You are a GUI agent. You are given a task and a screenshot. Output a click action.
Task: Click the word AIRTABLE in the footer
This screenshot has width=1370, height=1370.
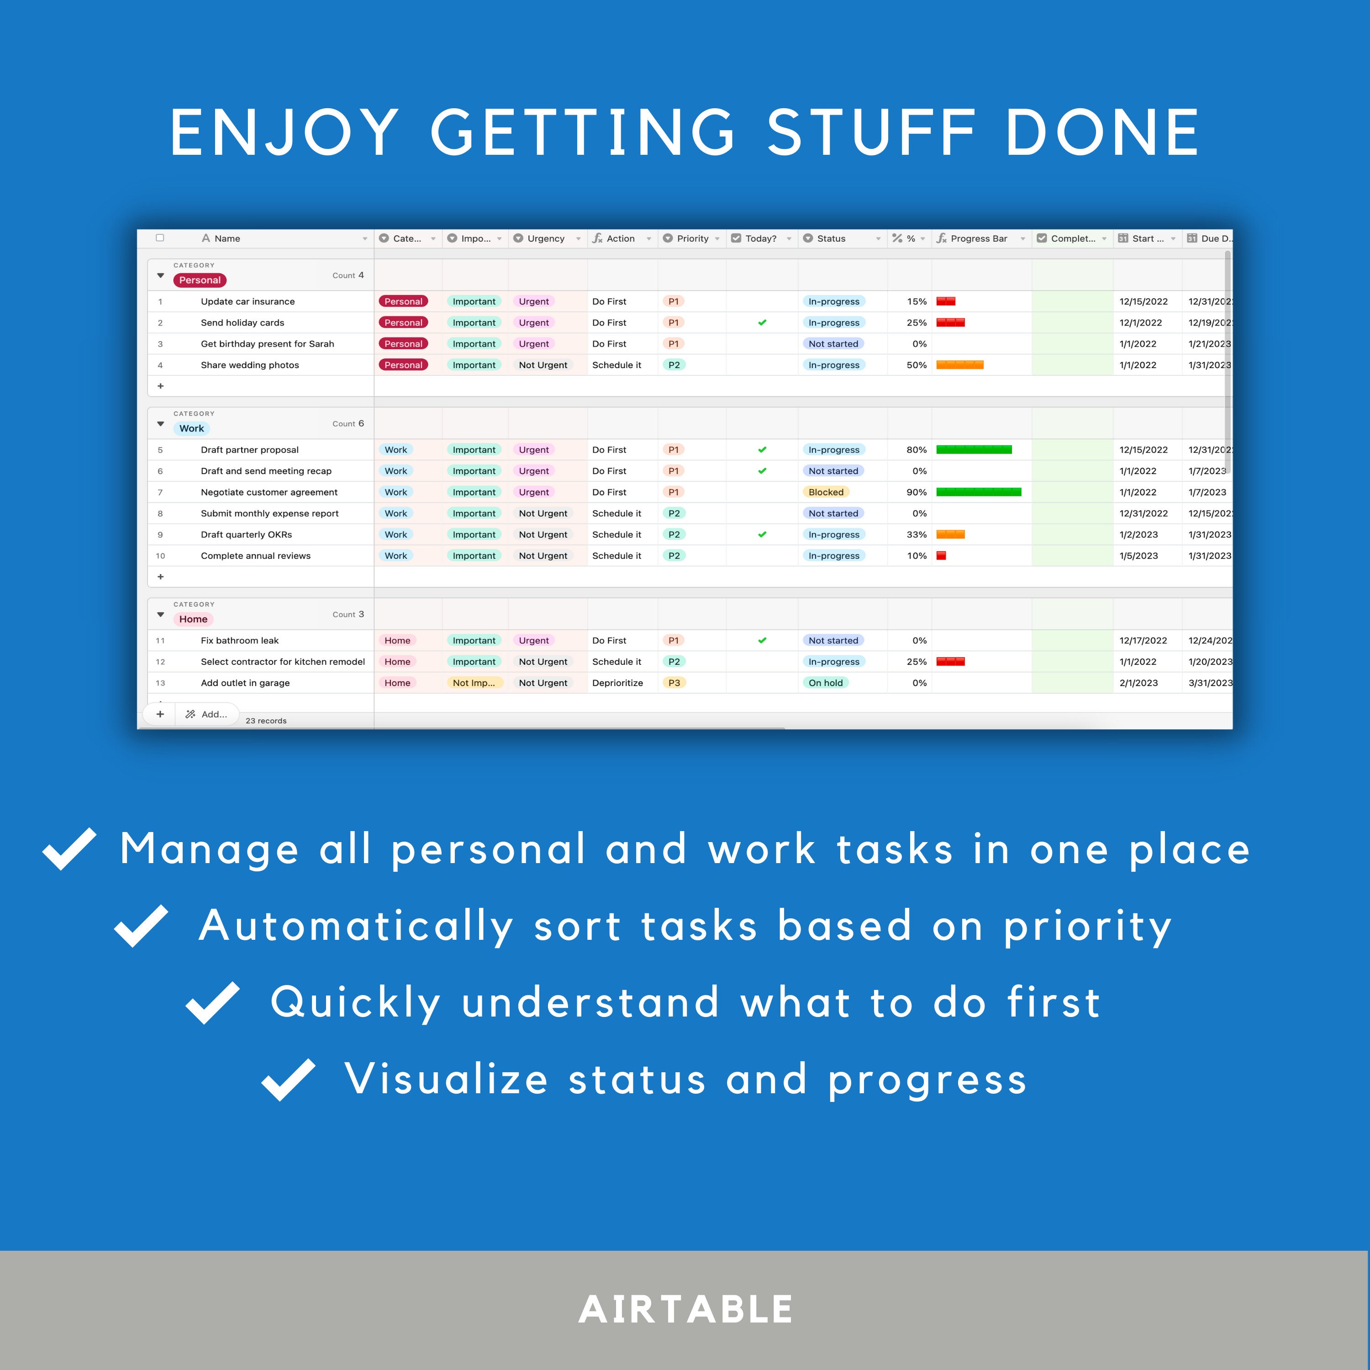(x=685, y=1309)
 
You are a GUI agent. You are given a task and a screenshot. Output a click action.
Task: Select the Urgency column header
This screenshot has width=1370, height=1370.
(x=545, y=238)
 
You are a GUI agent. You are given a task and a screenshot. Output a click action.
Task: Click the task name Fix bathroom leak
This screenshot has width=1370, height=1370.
(x=240, y=640)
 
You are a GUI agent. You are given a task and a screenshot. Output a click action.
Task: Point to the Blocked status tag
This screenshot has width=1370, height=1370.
(x=825, y=492)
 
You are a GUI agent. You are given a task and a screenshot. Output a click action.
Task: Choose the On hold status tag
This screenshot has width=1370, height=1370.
(x=825, y=683)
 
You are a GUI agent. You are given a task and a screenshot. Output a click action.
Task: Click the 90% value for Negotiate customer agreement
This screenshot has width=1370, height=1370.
(x=916, y=492)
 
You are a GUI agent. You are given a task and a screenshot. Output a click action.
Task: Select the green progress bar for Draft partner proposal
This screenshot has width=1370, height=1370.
(x=974, y=449)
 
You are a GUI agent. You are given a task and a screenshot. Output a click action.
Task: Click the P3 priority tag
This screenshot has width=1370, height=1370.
(x=674, y=683)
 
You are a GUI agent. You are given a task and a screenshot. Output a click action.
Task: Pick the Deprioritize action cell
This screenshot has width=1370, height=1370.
(x=617, y=683)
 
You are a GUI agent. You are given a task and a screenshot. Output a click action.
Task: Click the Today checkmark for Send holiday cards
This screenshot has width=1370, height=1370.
(x=762, y=323)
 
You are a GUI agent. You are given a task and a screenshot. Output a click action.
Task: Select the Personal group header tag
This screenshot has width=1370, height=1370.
(x=199, y=280)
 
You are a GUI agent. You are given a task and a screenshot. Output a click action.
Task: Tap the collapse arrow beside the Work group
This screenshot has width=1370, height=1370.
(x=160, y=424)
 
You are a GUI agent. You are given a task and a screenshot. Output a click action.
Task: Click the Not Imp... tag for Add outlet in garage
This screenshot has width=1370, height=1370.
(x=474, y=683)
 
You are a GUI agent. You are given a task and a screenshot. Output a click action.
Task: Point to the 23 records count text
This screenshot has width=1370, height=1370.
(x=266, y=721)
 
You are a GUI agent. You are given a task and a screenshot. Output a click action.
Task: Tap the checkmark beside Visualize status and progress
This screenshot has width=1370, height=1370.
(x=288, y=1079)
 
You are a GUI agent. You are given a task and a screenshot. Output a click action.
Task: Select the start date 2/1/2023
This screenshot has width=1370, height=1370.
(x=1138, y=683)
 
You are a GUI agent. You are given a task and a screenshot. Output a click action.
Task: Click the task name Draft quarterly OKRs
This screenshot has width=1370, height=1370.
(x=246, y=535)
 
